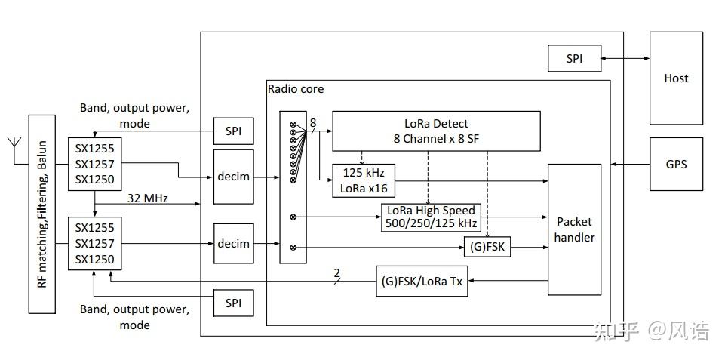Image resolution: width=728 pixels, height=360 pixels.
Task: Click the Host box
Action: (675, 78)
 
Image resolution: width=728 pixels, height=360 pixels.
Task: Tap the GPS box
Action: (675, 164)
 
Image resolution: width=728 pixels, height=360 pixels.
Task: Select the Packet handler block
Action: (574, 229)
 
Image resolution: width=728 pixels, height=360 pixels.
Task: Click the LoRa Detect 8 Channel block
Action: (437, 131)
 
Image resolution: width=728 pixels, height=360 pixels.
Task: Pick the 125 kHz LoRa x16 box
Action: (363, 180)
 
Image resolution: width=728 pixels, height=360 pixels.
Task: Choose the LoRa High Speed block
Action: (432, 217)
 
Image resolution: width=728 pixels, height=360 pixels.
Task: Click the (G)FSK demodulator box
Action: (487, 247)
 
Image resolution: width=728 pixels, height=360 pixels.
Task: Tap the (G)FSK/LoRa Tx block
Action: (422, 281)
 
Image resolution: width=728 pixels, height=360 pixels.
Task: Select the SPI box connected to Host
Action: (574, 59)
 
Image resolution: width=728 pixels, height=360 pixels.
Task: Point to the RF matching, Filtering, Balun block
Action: (41, 214)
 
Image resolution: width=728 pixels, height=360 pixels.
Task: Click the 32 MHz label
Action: (148, 198)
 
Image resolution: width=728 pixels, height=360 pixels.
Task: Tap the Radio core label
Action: (296, 89)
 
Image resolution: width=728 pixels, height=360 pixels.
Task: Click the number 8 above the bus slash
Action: (313, 122)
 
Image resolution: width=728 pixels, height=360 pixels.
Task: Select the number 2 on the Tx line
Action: (337, 272)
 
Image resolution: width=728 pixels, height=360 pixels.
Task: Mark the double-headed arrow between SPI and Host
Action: (625, 59)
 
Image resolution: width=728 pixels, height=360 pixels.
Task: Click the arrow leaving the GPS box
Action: (630, 164)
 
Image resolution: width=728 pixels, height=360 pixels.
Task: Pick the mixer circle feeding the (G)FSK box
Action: (293, 248)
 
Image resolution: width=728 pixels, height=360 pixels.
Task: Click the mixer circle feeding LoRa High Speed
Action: (293, 217)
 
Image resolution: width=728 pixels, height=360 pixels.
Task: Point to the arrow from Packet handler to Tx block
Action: (508, 281)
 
